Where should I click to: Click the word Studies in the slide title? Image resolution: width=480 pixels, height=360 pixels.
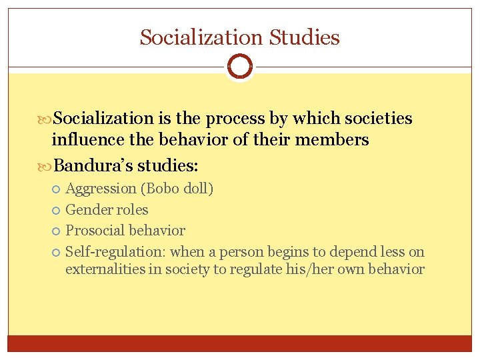(305, 37)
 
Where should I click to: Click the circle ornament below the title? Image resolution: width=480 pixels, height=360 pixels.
(240, 67)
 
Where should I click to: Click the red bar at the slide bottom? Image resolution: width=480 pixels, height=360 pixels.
(240, 343)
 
